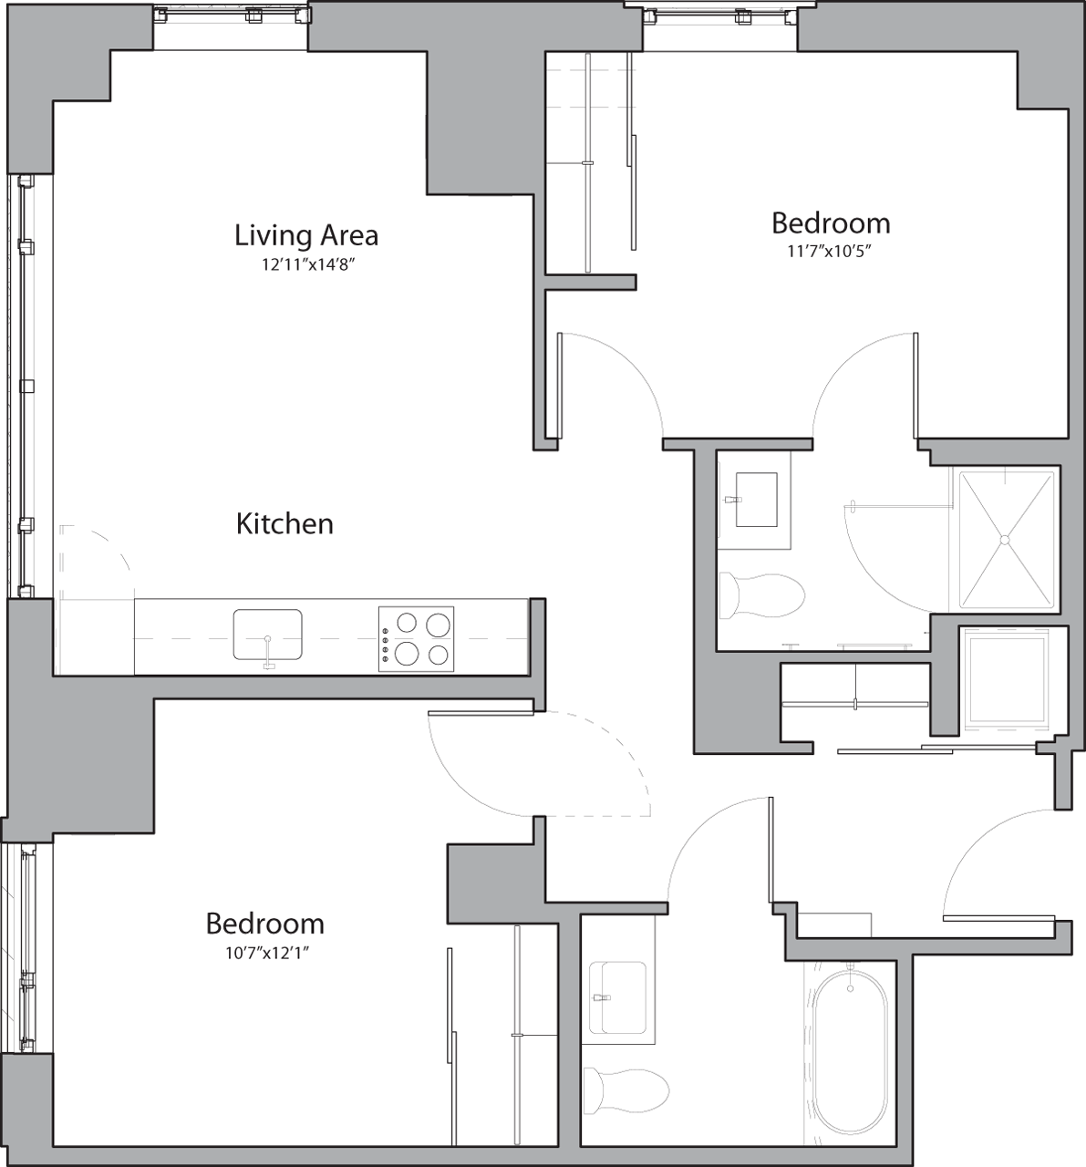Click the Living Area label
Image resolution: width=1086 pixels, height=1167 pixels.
[x=305, y=235]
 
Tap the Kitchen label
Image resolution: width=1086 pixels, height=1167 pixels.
[x=284, y=524]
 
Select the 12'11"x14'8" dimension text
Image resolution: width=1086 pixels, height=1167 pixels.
[x=306, y=265]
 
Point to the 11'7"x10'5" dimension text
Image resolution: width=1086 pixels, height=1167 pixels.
[x=830, y=253]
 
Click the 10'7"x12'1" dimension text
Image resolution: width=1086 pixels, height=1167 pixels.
[x=264, y=953]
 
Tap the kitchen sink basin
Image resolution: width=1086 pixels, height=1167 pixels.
[x=267, y=635]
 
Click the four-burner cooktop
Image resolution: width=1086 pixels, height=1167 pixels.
[x=416, y=639]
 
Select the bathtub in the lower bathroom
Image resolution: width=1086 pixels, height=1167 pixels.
[x=849, y=1057]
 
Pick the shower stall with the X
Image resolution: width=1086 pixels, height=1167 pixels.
[x=1005, y=539]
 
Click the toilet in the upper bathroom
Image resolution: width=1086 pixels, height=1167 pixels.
[x=761, y=595]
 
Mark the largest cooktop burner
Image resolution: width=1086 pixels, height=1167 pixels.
[x=438, y=625]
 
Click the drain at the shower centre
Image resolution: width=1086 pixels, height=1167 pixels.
[x=1006, y=540]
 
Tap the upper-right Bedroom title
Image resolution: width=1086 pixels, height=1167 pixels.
[x=830, y=223]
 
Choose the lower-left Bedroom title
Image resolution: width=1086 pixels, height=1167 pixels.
[x=264, y=924]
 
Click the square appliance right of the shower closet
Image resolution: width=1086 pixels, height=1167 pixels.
[x=1008, y=679]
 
